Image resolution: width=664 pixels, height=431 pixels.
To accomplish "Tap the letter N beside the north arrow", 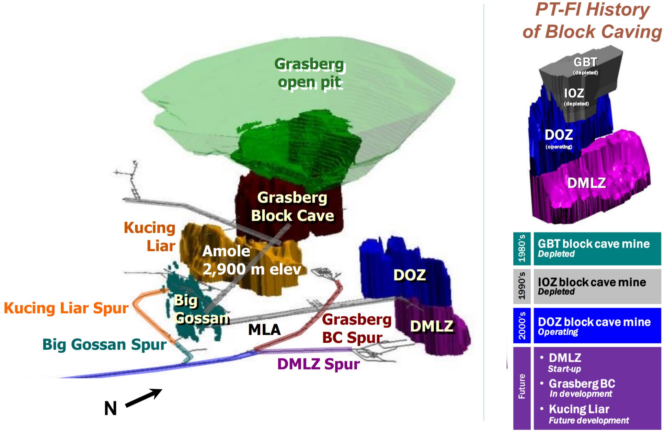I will [111, 409].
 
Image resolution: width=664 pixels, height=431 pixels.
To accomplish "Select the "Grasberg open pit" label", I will [310, 73].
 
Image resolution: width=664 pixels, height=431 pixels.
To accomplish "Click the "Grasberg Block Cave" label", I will [293, 207].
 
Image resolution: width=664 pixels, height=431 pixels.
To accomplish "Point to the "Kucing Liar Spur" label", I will [66, 308].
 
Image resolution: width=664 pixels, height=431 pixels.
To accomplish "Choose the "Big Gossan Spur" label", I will [104, 344].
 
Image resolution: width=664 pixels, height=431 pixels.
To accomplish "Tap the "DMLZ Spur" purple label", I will [318, 364].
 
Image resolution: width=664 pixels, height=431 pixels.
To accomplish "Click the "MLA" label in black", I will [264, 330].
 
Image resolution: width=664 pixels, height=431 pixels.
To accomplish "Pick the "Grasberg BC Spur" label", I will [356, 329].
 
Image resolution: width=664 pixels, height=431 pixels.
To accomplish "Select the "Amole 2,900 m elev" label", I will [252, 260].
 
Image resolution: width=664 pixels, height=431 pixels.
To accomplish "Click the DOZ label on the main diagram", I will [410, 275].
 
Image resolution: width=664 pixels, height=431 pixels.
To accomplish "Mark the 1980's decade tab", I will [522, 249].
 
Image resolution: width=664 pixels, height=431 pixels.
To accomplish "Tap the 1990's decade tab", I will [522, 286].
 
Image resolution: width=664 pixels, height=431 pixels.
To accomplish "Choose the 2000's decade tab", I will [522, 325].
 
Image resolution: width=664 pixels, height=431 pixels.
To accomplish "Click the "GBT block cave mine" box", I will [597, 249].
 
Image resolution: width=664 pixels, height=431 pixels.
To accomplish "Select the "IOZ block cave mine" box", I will [597, 286].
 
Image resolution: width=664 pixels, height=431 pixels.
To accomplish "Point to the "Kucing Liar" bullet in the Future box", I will [579, 409].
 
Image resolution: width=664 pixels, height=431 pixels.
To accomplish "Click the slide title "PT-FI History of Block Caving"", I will [592, 21].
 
